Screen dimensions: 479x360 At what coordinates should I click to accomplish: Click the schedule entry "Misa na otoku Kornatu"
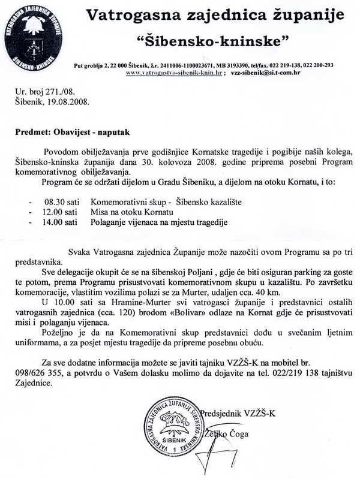point(131,212)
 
